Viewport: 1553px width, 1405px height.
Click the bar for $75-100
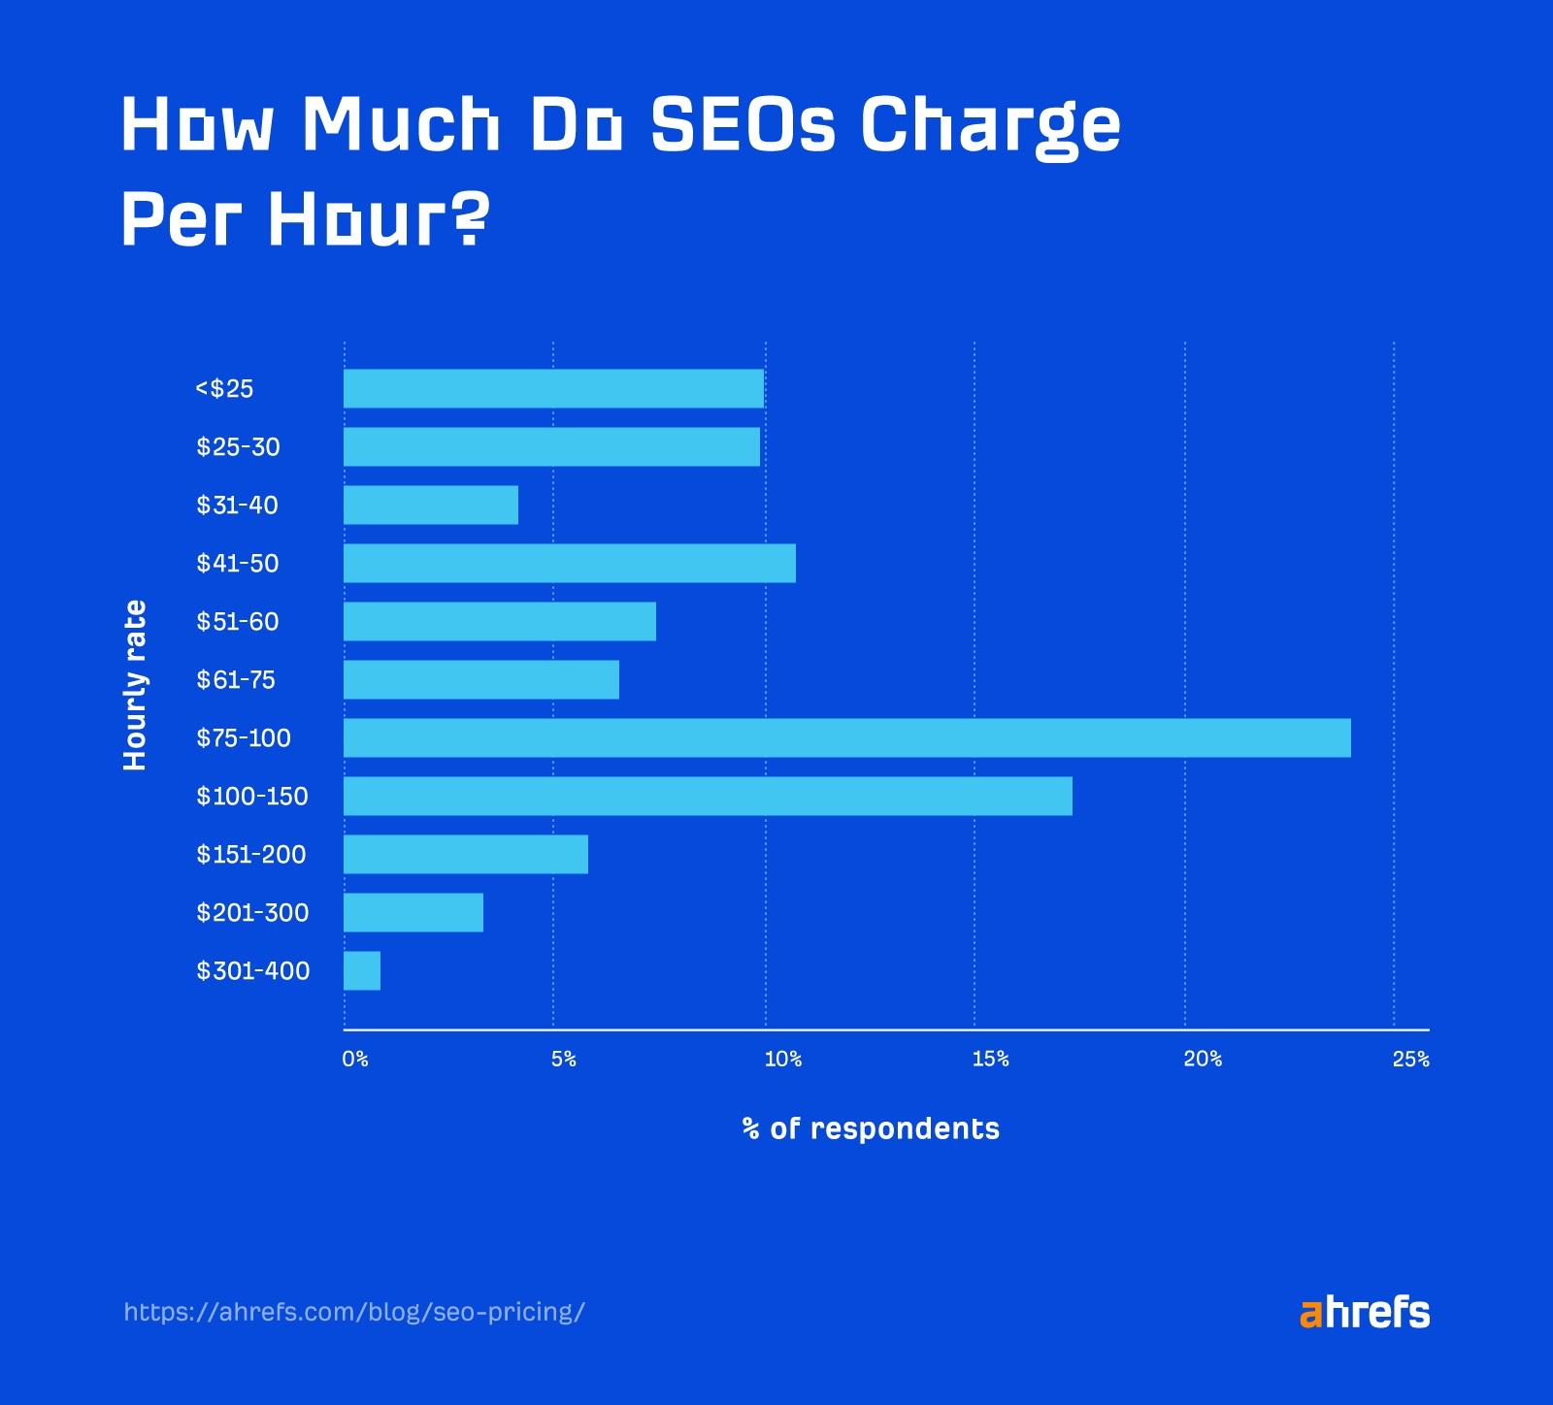click(846, 737)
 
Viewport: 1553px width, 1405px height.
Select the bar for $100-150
click(708, 796)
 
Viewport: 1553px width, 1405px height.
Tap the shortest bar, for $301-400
click(362, 970)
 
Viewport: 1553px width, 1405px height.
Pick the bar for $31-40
click(431, 505)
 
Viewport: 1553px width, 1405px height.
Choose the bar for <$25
click(553, 388)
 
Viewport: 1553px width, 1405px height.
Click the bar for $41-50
click(570, 563)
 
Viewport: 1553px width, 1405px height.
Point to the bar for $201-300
click(413, 912)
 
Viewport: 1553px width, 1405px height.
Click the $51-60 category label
click(238, 621)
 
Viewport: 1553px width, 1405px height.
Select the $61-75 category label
click(236, 679)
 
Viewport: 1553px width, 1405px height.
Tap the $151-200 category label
click(251, 854)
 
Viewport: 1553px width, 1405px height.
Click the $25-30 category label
click(238, 446)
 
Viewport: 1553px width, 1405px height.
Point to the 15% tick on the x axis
click(990, 1059)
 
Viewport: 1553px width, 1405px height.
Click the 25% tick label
click(1410, 1059)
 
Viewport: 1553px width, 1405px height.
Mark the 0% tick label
click(355, 1059)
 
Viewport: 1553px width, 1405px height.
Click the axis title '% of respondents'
click(871, 1128)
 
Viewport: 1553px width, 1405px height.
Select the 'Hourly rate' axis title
click(136, 685)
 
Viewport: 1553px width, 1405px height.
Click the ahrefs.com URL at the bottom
click(354, 1312)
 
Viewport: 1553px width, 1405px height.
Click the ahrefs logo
click(1364, 1312)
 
